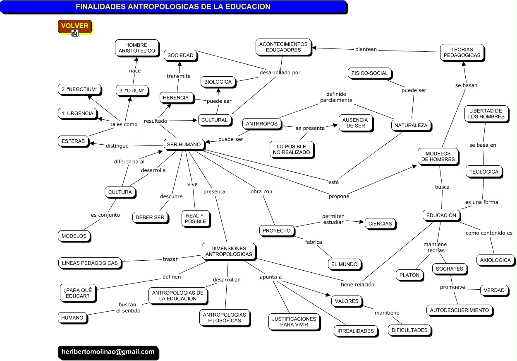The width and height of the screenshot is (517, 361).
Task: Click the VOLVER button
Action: (74, 26)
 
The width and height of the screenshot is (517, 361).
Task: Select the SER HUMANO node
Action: (184, 144)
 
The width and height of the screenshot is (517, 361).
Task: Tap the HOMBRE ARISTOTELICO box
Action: (136, 48)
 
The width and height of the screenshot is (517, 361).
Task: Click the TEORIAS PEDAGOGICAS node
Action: (462, 52)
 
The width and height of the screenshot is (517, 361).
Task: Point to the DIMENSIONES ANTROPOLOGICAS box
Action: (228, 251)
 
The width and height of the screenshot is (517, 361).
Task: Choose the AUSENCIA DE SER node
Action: (355, 123)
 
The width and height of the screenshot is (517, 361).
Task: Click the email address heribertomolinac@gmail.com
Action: (108, 352)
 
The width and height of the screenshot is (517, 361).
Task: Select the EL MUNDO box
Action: (345, 264)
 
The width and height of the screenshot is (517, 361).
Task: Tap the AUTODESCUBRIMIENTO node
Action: (459, 310)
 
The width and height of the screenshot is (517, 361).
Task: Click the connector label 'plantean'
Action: (366, 49)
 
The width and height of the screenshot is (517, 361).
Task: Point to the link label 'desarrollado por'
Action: (280, 73)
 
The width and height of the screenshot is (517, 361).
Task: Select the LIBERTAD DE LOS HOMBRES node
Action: (486, 114)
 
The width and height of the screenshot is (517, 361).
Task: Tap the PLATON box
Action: (409, 275)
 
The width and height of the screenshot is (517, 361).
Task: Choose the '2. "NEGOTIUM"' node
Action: (79, 89)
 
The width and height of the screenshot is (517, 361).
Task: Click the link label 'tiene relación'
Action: (357, 284)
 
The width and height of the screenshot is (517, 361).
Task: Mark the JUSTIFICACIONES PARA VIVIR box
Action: (294, 322)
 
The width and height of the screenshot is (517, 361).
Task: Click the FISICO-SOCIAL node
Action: (370, 73)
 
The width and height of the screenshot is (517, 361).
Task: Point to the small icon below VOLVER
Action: (75, 34)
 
